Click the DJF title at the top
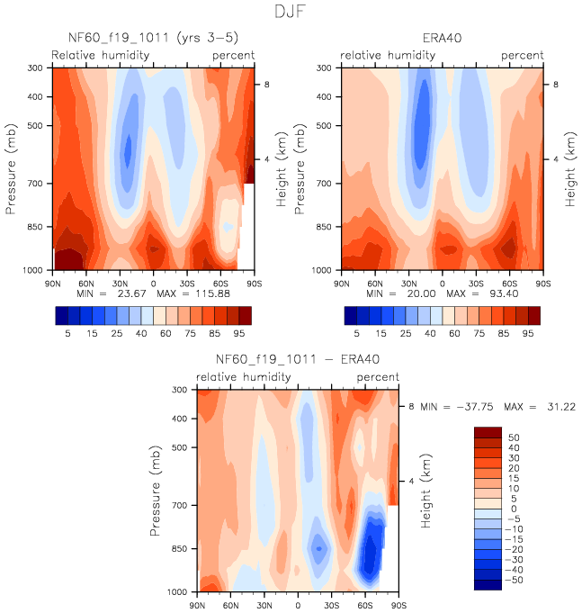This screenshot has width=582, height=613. click(x=291, y=14)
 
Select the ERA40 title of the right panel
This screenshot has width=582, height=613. click(x=442, y=38)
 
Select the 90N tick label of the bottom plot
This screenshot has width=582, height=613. click(x=198, y=604)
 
